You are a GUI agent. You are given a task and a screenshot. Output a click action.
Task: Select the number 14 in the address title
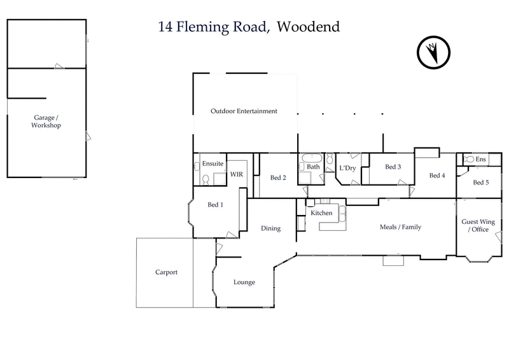click(x=165, y=27)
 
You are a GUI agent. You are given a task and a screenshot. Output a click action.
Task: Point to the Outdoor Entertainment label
click(x=244, y=111)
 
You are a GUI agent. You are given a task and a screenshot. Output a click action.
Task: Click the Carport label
click(x=166, y=272)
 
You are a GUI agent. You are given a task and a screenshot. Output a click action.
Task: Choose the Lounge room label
click(x=244, y=282)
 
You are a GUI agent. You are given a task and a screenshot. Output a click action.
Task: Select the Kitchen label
click(x=321, y=212)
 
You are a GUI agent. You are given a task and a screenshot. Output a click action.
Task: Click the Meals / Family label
click(x=400, y=227)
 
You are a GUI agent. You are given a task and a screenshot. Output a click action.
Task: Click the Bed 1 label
click(x=216, y=205)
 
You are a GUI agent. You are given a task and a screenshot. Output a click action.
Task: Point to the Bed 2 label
click(x=278, y=177)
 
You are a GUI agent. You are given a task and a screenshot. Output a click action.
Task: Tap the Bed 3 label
click(x=393, y=167)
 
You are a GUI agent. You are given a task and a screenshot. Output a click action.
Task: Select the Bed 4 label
click(x=436, y=176)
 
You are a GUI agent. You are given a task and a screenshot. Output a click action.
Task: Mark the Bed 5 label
click(x=481, y=183)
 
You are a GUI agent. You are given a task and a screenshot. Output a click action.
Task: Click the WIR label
click(x=236, y=174)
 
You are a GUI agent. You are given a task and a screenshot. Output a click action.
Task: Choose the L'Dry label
click(x=347, y=167)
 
